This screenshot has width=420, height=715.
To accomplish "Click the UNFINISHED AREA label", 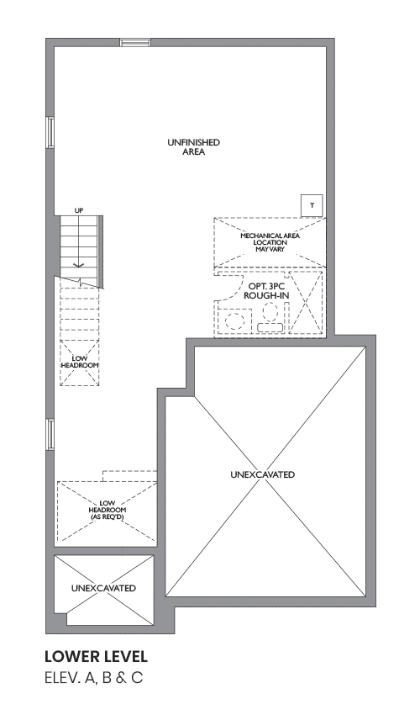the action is pos(193,147).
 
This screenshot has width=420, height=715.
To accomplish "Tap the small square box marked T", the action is pos(312,205).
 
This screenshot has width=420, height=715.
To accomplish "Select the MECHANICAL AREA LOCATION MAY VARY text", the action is pos(270,242).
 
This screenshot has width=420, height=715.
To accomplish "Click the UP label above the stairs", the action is pos(79,210).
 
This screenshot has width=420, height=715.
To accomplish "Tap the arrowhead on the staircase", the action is pos(78,264).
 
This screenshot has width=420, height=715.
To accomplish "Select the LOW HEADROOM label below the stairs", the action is pos(80,362).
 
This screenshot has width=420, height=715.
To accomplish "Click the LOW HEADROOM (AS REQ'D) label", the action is pos(107,510).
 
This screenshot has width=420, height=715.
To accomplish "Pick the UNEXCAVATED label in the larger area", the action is pos(262,474).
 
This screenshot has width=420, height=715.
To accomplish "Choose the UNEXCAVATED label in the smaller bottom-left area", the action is pos(103,588).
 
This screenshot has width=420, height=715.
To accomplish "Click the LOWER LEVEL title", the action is pos(96,657).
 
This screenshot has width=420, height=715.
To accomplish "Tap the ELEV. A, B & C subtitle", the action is pos(94,678).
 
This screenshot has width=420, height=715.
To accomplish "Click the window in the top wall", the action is pos(135,42).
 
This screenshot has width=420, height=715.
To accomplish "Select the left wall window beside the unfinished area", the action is pos(50,132).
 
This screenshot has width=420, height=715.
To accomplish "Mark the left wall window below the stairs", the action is pos(50,435).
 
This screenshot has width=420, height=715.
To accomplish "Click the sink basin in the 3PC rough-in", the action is pos(236,321).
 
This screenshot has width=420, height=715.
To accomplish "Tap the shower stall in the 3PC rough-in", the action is pos(306,304).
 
